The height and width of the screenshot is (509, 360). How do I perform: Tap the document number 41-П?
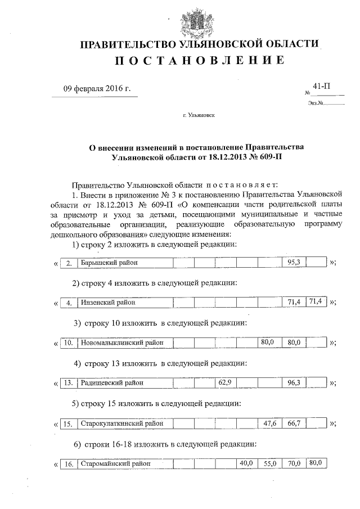(321, 86)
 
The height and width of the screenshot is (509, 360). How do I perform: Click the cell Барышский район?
(124, 263)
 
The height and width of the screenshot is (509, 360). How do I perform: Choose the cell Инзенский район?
(124, 303)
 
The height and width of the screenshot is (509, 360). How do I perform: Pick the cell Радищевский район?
(124, 382)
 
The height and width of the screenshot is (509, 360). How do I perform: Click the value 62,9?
(225, 382)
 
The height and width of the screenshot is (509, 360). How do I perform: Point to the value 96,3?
(294, 382)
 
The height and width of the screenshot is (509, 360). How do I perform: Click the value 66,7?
(294, 423)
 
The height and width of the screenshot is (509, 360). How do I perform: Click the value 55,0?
(271, 463)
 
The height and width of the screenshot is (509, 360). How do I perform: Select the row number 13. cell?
(67, 383)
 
